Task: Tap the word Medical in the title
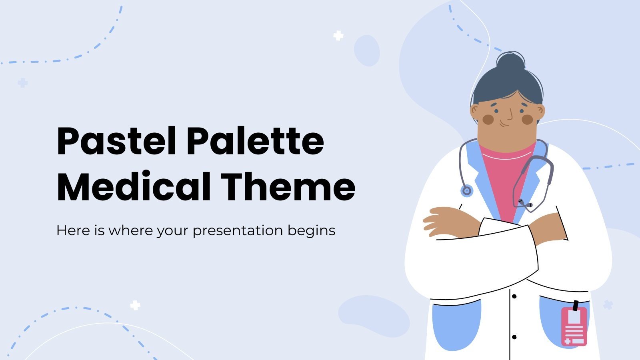tap(134, 187)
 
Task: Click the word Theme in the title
tap(288, 187)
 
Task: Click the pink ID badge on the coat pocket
tap(574, 326)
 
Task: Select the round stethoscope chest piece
tap(466, 191)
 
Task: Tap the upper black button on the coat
tap(514, 296)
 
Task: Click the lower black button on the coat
tap(514, 337)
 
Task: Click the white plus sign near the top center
tap(338, 36)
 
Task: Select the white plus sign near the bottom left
tap(135, 306)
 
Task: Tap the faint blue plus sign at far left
tap(23, 83)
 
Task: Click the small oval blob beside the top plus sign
tap(367, 50)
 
